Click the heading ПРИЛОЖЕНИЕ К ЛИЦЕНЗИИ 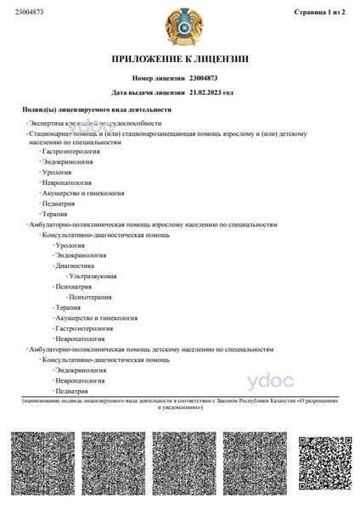[x=180, y=59]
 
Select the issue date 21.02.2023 [x=206, y=92]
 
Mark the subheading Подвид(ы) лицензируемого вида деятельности [x=97, y=109]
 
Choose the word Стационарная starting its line [x=50, y=133]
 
